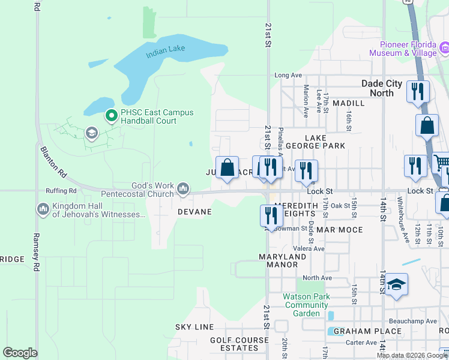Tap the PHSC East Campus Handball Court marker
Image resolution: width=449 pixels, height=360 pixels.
(x=110, y=115)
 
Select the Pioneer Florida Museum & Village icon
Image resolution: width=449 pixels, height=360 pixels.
(x=445, y=47)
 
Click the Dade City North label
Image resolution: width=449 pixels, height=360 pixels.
(x=385, y=89)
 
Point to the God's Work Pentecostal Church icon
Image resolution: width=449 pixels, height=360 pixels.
(x=183, y=191)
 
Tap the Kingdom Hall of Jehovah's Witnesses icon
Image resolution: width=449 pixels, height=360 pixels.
(x=43, y=209)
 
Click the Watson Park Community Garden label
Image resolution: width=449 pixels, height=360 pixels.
(x=306, y=305)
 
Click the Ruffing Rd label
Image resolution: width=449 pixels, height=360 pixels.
(x=61, y=191)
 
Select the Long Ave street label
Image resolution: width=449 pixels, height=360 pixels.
(x=288, y=75)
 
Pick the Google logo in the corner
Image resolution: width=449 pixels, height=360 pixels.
(x=20, y=353)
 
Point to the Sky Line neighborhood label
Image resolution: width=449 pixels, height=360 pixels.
(x=194, y=327)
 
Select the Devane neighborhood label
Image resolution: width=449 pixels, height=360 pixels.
(x=194, y=212)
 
